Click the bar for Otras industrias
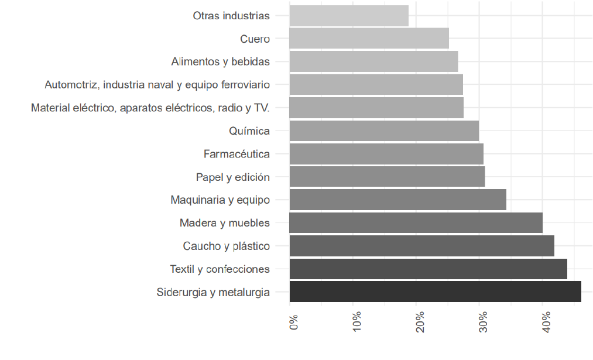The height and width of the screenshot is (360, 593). (349, 16)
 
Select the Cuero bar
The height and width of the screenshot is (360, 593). (369, 39)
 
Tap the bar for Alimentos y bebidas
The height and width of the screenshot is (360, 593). (373, 62)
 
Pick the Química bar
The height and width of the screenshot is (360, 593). (384, 131)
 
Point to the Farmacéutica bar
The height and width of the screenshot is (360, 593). (386, 154)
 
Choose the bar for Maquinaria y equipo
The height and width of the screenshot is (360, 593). (397, 200)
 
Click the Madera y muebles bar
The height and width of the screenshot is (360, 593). (416, 223)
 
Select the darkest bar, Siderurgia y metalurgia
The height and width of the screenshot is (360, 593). (435, 292)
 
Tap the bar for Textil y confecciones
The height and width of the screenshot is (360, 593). (428, 269)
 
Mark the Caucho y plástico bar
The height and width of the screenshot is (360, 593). (421, 246)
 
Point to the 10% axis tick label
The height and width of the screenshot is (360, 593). (357, 323)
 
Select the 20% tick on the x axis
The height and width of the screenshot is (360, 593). (420, 323)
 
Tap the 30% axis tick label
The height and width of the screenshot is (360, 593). (484, 323)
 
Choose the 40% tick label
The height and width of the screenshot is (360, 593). (547, 323)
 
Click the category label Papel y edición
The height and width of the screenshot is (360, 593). (232, 177)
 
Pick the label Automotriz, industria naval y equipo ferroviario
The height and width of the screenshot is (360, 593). (157, 85)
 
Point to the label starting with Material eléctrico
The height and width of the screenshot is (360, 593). (150, 108)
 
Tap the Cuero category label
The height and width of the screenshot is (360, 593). (255, 39)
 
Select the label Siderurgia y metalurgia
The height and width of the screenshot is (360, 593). (213, 292)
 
